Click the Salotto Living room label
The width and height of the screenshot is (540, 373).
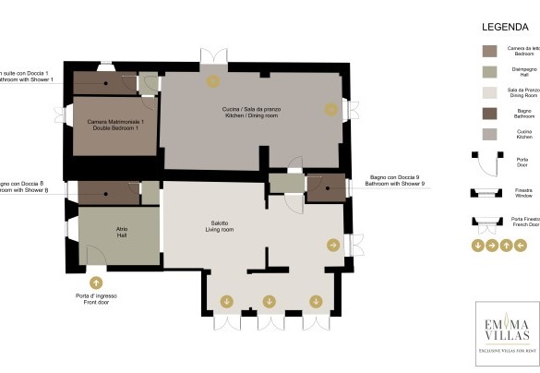point(220,225)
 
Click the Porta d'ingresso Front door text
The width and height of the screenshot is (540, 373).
point(97,299)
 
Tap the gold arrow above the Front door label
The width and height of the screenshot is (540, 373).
point(96,283)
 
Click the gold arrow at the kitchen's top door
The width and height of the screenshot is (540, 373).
point(213,81)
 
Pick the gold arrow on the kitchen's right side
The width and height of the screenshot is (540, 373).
point(330,109)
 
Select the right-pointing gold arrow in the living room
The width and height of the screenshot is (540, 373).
point(332,245)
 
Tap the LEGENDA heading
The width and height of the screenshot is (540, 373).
point(504,28)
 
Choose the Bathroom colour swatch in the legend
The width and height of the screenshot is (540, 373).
point(489,114)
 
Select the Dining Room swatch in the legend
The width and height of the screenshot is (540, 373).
point(489,92)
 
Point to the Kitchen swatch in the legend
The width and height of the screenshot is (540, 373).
point(489,134)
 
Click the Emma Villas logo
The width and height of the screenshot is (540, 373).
point(506,332)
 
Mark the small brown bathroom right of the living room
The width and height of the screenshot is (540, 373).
point(326,187)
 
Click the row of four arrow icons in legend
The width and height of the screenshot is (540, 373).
point(498,246)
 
